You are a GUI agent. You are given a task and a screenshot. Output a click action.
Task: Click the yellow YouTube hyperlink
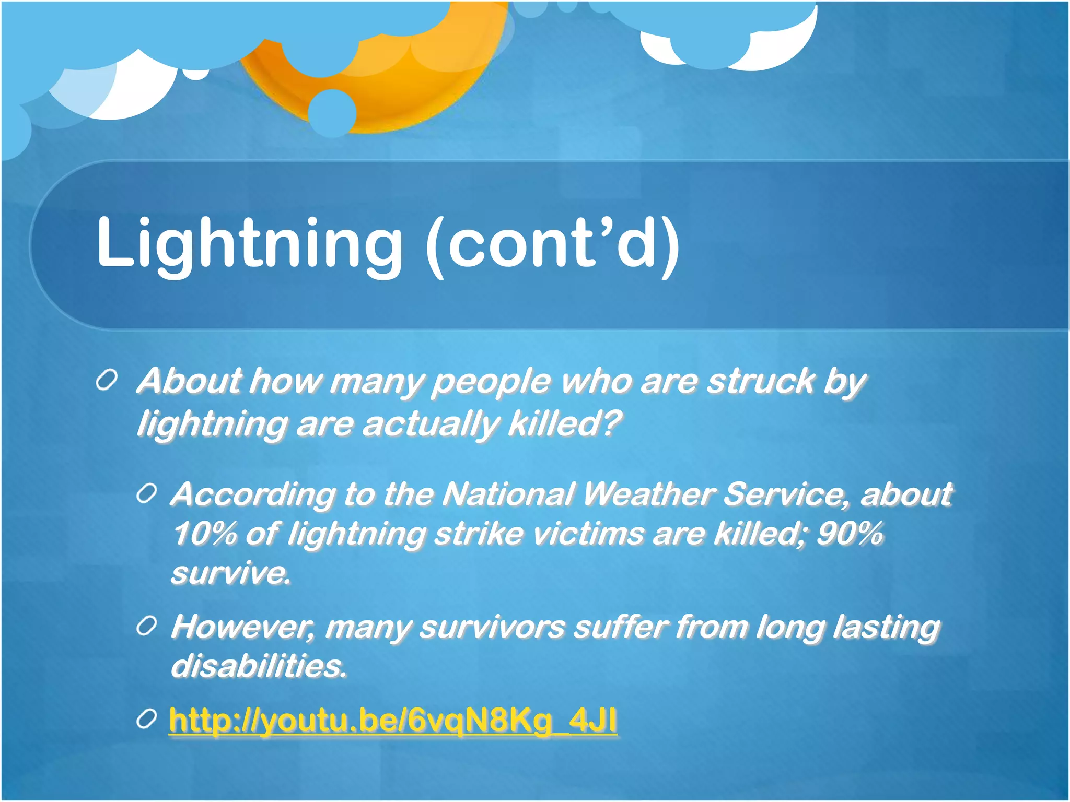[393, 721]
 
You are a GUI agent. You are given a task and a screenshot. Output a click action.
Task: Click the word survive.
[230, 573]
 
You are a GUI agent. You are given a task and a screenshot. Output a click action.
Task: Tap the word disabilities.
[259, 666]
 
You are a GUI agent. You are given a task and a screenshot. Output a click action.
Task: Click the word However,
[243, 627]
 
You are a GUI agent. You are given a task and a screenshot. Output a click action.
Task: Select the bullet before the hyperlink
[147, 720]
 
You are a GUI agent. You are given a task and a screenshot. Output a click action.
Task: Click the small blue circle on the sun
[332, 113]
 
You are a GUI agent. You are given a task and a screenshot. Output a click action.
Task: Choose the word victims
[588, 534]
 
